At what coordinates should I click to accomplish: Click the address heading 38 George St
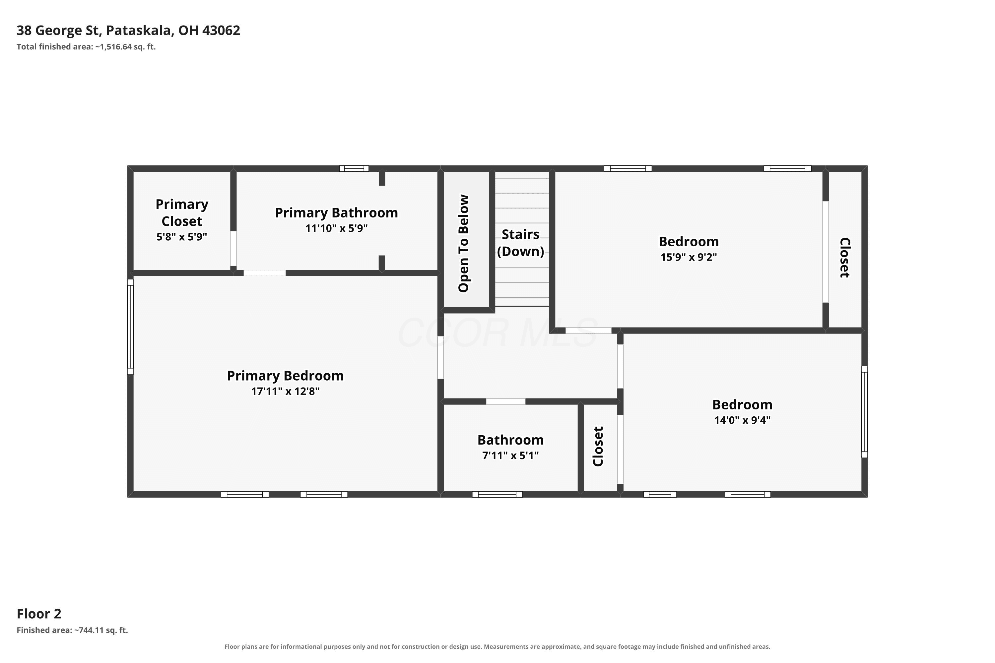[128, 30]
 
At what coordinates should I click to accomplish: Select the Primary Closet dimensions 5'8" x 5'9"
[182, 237]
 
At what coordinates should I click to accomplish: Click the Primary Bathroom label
[336, 213]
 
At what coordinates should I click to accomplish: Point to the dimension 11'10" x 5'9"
[336, 228]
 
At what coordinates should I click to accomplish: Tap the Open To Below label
[464, 244]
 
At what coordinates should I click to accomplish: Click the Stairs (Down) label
[520, 243]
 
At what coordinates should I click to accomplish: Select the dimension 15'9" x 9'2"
[689, 257]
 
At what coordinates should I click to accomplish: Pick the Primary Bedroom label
[285, 376]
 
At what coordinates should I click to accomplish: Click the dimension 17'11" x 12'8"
[285, 391]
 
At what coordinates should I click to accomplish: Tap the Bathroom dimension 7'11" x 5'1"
[511, 455]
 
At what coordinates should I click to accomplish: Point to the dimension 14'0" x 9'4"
[743, 420]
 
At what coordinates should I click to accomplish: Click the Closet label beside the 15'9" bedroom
[845, 258]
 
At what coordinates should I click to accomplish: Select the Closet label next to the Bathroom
[598, 447]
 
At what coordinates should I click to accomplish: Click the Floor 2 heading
[39, 614]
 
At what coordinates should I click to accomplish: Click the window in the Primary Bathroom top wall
[354, 168]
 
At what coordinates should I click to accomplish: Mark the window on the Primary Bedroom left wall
[130, 327]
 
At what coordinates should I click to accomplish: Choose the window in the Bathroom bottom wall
[497, 494]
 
